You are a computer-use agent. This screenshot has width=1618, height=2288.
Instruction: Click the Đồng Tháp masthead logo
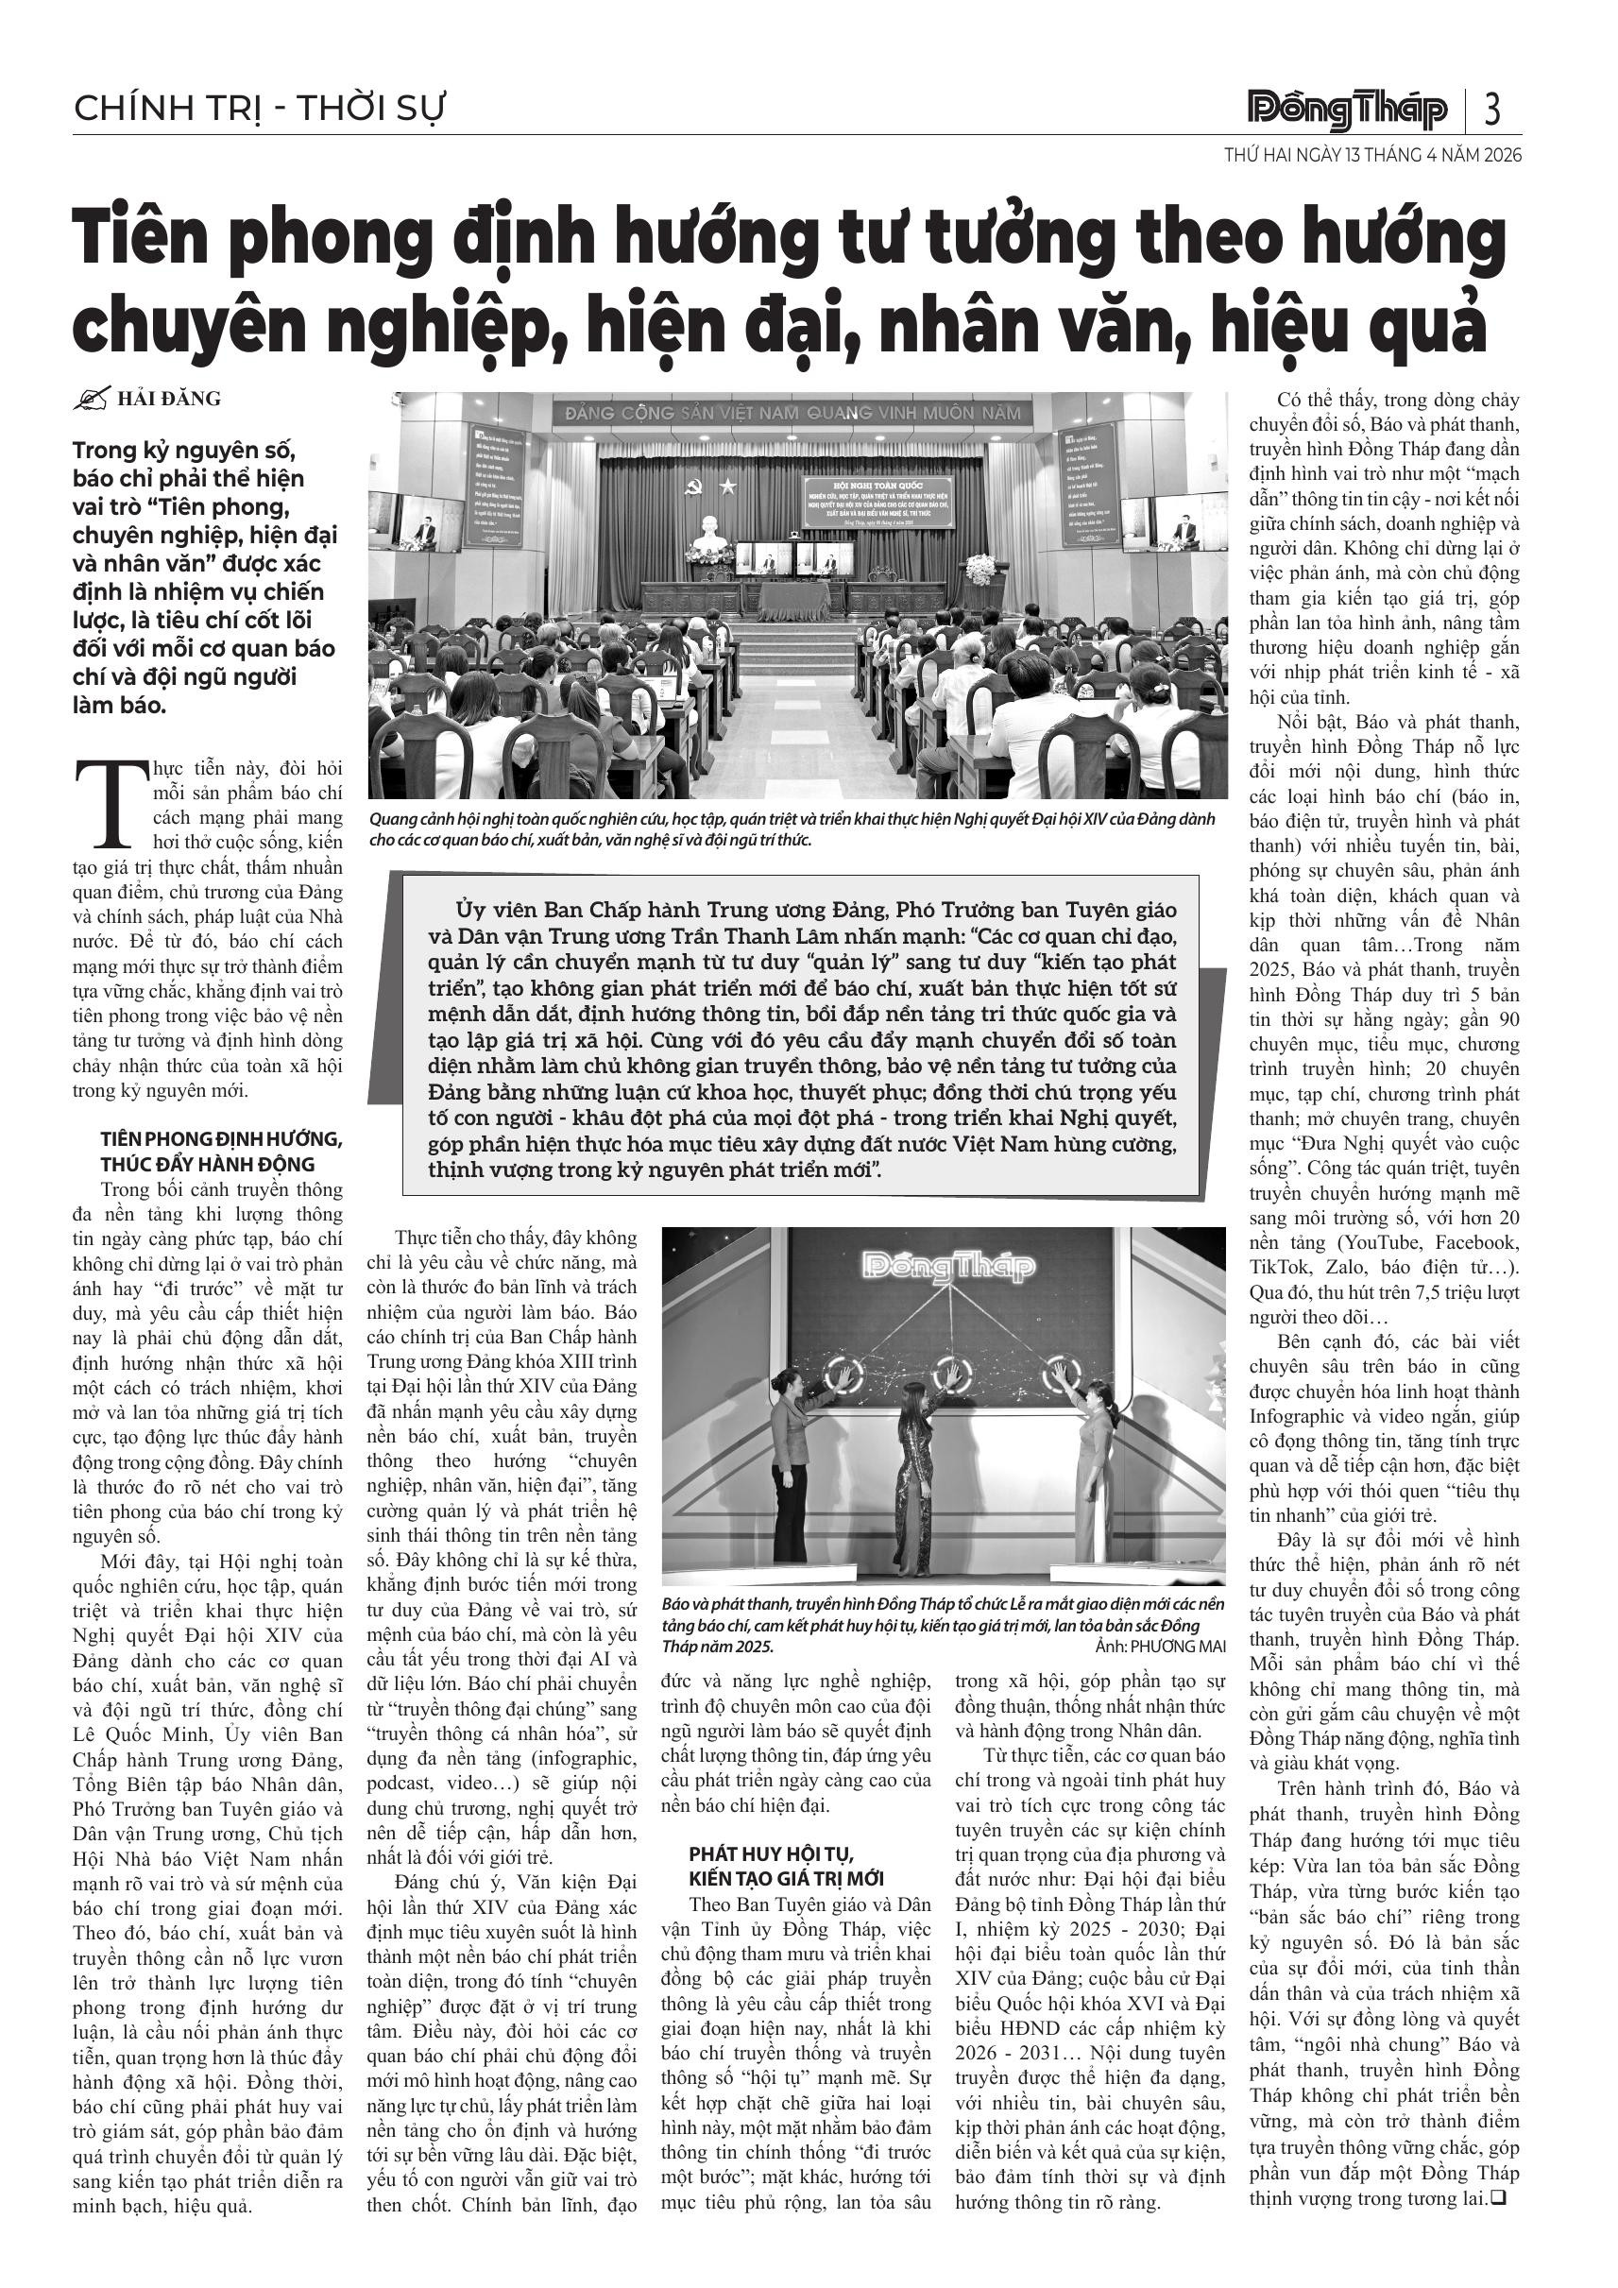click(x=1348, y=109)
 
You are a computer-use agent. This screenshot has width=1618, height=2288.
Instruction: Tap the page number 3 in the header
click(x=1491, y=109)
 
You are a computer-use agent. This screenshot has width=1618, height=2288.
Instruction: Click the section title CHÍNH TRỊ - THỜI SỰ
click(x=259, y=108)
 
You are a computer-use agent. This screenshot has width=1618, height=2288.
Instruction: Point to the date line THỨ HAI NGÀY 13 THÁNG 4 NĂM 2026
click(x=1373, y=156)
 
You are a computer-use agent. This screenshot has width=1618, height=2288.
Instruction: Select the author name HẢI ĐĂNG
click(x=169, y=400)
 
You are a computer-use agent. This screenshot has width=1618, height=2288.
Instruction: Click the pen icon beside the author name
click(x=92, y=400)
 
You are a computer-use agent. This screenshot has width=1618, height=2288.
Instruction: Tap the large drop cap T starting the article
click(x=111, y=802)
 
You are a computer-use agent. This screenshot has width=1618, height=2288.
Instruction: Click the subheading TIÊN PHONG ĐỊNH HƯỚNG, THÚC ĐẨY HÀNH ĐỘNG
click(x=221, y=1151)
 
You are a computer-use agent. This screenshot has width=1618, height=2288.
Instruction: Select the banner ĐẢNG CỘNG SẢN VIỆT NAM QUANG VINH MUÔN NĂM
click(x=793, y=412)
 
